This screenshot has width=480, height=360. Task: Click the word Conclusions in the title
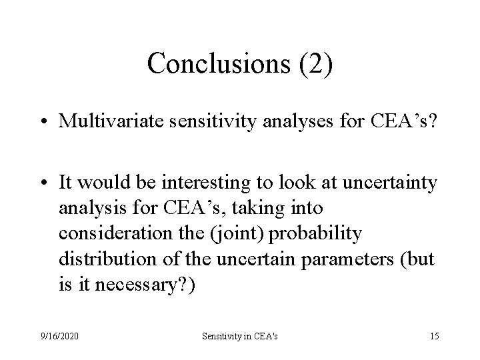click(x=201, y=63)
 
